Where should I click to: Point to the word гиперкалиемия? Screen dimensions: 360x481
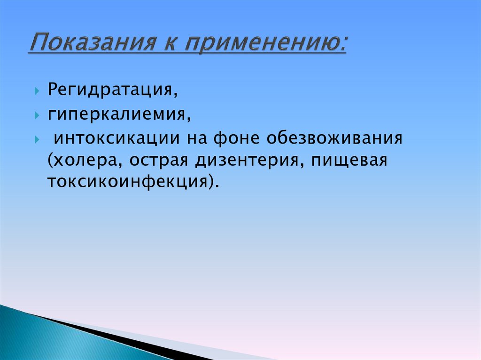click(x=118, y=114)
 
